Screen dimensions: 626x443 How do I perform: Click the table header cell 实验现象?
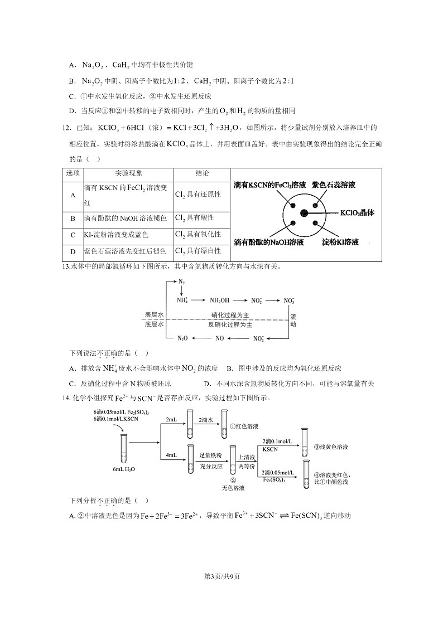(128, 173)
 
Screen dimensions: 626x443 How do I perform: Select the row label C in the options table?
(73, 235)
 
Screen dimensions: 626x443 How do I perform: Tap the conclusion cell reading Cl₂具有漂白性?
(198, 251)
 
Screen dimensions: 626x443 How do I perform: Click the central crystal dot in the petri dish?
(304, 213)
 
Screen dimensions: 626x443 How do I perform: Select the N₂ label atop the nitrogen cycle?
(182, 282)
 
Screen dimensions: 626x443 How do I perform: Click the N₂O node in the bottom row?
(182, 338)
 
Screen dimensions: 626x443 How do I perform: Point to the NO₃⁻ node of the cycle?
(289, 300)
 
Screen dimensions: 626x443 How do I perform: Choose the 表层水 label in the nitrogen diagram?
(154, 315)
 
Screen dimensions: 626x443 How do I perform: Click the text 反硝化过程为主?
(230, 324)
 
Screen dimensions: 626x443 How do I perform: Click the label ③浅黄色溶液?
(331, 447)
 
